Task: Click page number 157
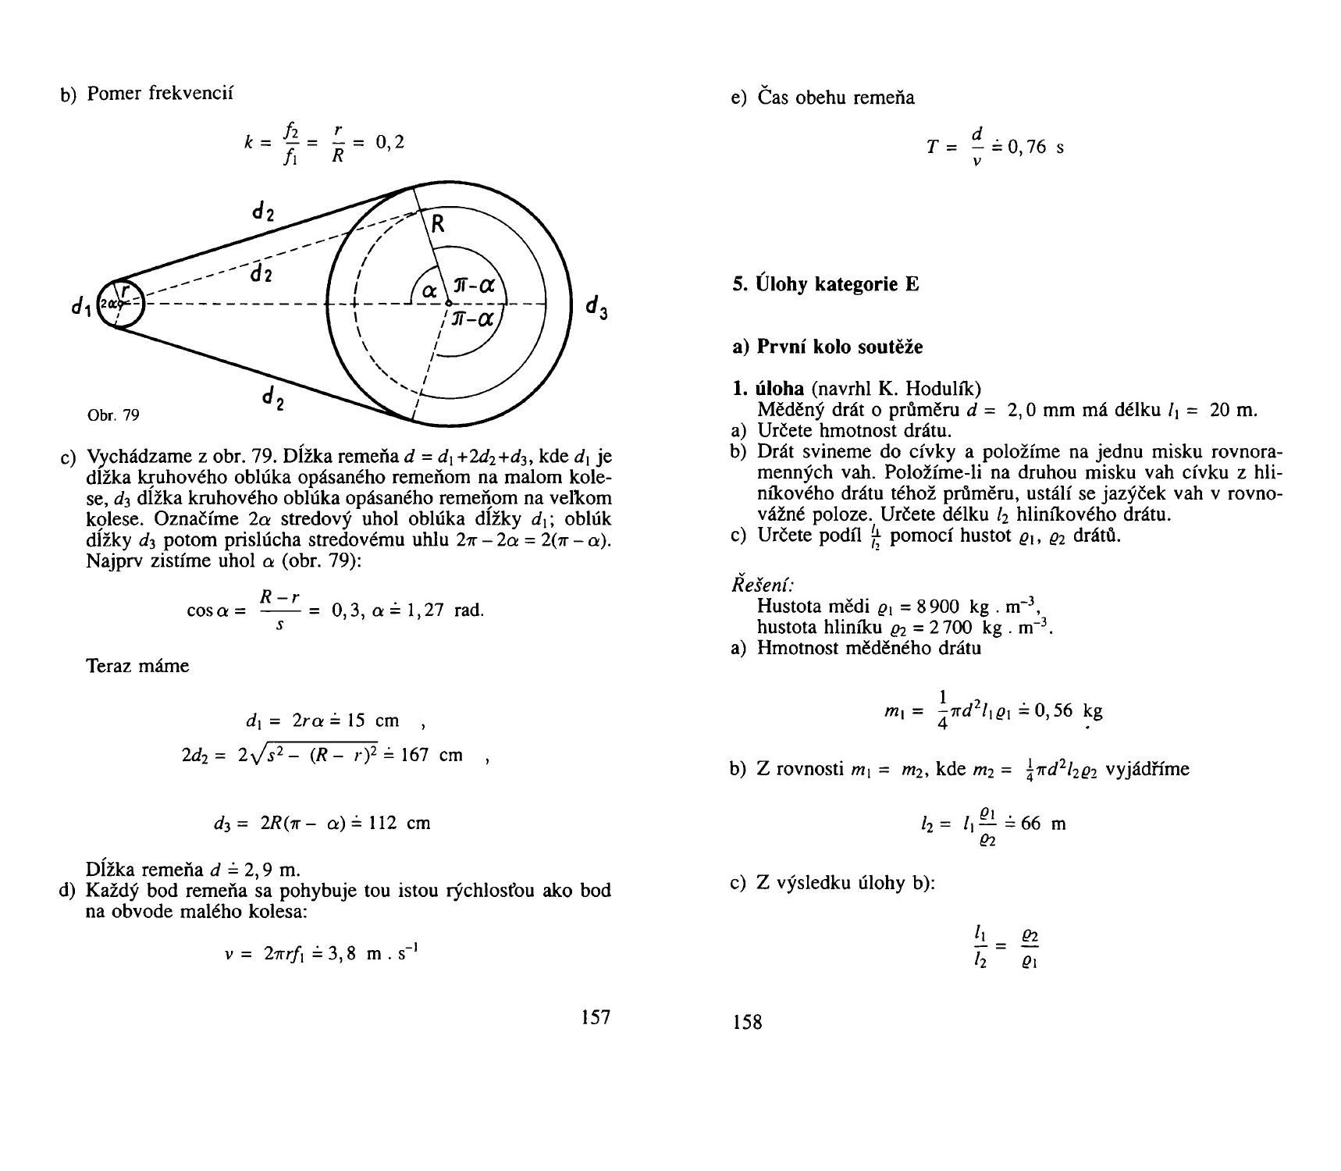click(x=596, y=1016)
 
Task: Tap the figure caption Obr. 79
click(x=114, y=415)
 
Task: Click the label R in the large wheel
click(x=438, y=225)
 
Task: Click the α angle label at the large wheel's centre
click(x=429, y=291)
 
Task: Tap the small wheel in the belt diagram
click(x=122, y=304)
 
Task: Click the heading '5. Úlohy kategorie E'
click(x=825, y=284)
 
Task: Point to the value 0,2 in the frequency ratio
click(x=389, y=141)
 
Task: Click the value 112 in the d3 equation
click(x=382, y=823)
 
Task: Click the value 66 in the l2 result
click(x=1030, y=824)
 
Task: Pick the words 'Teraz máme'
click(x=137, y=666)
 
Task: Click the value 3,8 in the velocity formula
click(x=344, y=953)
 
